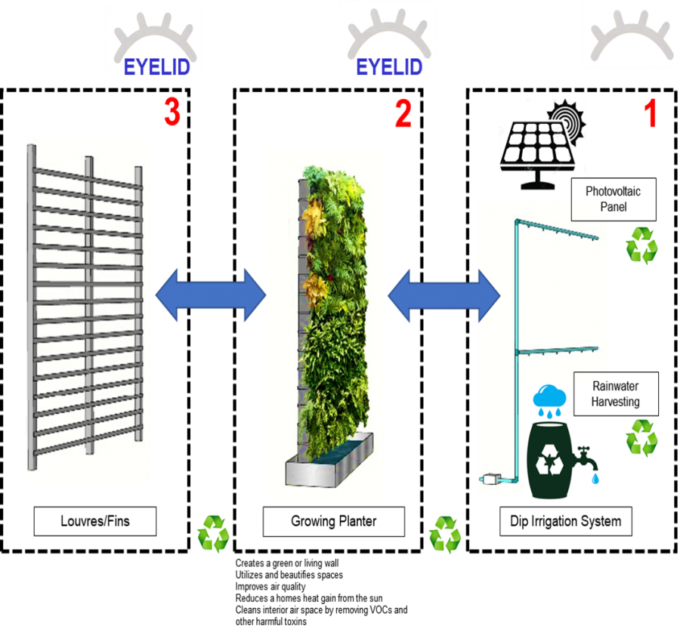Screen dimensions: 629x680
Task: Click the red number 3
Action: click(172, 113)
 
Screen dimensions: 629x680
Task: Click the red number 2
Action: click(403, 114)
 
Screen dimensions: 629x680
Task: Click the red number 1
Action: click(650, 115)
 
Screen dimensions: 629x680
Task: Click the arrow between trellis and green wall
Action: click(210, 294)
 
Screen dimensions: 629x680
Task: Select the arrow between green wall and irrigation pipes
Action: click(443, 294)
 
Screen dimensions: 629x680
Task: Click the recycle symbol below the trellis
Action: click(212, 535)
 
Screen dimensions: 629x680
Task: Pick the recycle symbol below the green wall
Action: click(445, 535)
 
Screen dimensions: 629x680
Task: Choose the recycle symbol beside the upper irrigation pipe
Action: click(641, 245)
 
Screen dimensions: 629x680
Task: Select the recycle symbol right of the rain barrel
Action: click(641, 439)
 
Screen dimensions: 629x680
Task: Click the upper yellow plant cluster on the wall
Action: click(314, 214)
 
